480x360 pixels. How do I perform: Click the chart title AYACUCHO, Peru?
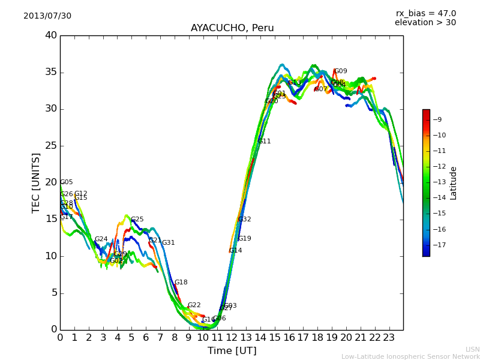click(x=232, y=28)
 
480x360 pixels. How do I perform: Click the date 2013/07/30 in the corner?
click(x=47, y=16)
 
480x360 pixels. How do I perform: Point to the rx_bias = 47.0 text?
click(x=425, y=14)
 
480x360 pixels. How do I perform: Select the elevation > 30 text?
click(x=425, y=23)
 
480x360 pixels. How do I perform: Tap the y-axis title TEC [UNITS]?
click(x=36, y=182)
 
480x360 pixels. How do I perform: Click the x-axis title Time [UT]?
click(x=232, y=351)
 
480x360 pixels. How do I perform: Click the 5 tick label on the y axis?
click(x=53, y=293)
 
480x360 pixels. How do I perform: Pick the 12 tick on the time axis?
click(x=232, y=337)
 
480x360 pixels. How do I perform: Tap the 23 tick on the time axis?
click(x=389, y=337)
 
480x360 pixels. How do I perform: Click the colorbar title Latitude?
click(x=454, y=183)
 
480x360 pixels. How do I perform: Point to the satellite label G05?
click(x=67, y=182)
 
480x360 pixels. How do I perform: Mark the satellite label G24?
click(x=101, y=239)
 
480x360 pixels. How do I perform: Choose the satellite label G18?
click(x=181, y=283)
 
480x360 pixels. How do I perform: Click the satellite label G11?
click(x=265, y=142)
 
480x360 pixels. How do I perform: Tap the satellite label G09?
click(x=340, y=71)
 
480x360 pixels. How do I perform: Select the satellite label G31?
click(x=168, y=243)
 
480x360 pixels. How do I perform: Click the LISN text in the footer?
click(x=472, y=349)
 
